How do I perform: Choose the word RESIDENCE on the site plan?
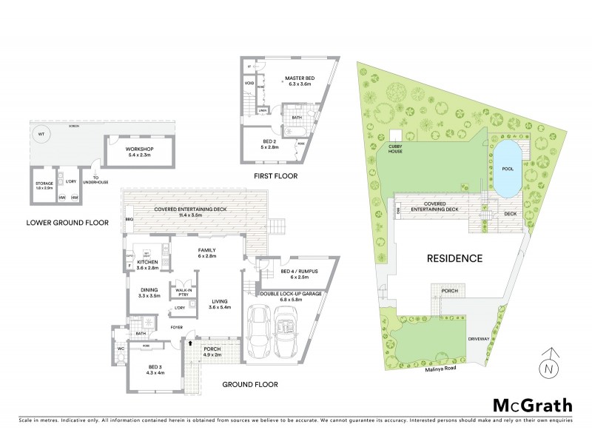454,259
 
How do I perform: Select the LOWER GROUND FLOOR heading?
67,222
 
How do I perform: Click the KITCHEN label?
148,263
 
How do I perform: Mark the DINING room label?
149,291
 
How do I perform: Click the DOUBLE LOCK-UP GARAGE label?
291,292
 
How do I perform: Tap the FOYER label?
177,326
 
